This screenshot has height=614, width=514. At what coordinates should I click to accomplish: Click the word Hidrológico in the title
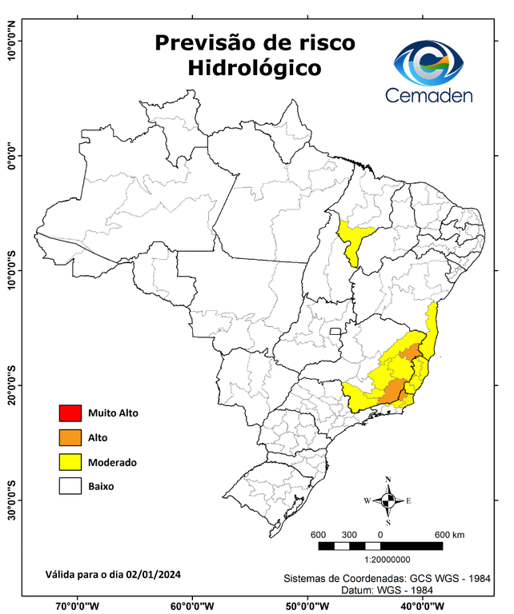[254, 68]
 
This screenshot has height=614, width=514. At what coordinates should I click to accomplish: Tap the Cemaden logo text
[429, 96]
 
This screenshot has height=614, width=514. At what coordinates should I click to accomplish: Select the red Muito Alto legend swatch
[70, 413]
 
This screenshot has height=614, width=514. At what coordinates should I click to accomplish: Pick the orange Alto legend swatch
[70, 437]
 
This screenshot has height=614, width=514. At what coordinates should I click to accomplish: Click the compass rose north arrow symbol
[388, 500]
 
